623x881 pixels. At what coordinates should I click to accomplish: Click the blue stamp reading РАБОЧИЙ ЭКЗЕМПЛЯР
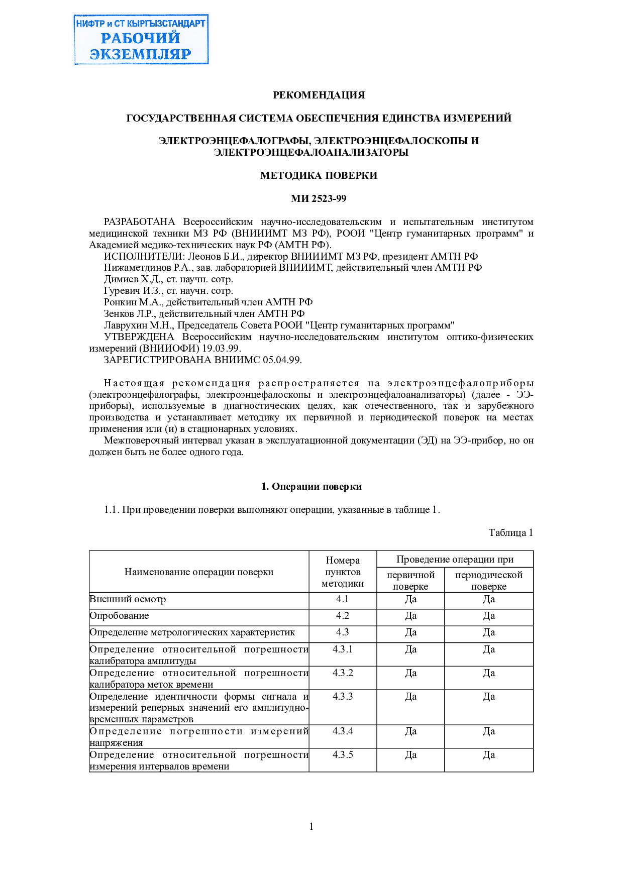click(x=141, y=40)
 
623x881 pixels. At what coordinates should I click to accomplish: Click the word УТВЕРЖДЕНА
click(x=139, y=337)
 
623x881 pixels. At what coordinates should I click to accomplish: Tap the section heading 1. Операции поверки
click(x=311, y=487)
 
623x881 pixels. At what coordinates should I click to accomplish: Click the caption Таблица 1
click(x=510, y=533)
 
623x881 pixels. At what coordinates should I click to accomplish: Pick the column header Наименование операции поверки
click(x=199, y=572)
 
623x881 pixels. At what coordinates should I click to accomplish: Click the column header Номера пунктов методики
click(x=343, y=572)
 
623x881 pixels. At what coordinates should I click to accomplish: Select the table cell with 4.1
click(x=343, y=599)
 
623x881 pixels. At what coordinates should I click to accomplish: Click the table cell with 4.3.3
click(x=343, y=697)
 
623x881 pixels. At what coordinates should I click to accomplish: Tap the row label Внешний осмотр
click(x=128, y=599)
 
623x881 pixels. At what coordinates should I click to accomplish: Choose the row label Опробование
click(x=119, y=616)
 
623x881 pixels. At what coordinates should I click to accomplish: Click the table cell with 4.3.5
click(x=343, y=755)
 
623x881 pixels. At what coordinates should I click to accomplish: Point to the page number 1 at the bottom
click(x=311, y=826)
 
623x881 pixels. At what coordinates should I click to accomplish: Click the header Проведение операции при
click(x=455, y=560)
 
